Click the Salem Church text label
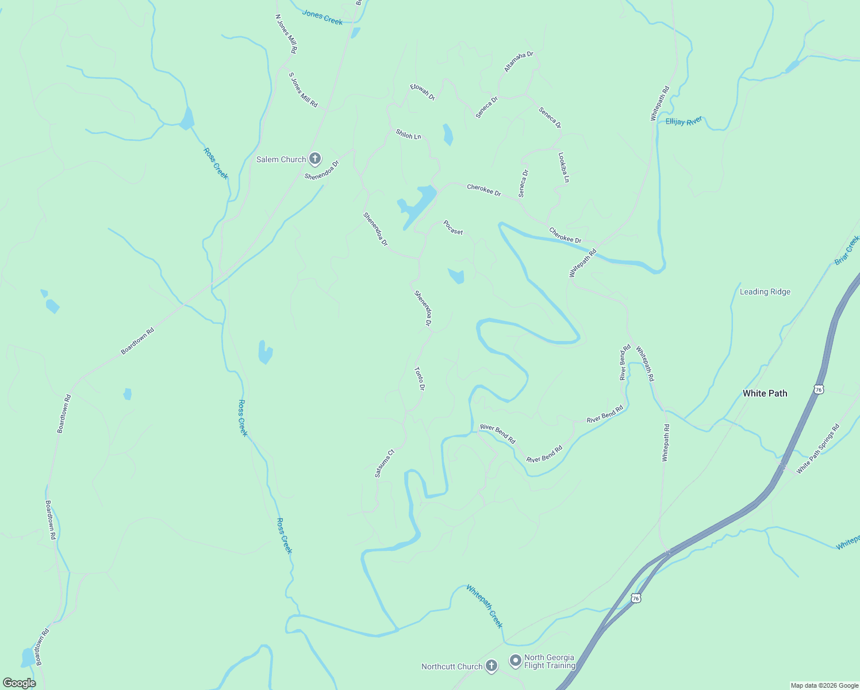tap(281, 159)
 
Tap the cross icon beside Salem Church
tap(314, 158)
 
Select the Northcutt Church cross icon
tap(491, 666)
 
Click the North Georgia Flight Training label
tap(549, 661)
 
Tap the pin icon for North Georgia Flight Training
tap(516, 660)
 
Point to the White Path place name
tap(765, 393)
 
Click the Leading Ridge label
tap(765, 292)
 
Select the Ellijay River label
tap(684, 121)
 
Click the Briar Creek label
tap(847, 250)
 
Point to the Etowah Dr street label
tap(423, 92)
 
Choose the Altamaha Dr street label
tap(519, 62)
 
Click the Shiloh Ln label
tap(408, 135)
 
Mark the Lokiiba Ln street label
tap(563, 167)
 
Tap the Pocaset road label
tap(453, 228)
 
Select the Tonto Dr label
tap(420, 379)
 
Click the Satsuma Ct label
tap(385, 463)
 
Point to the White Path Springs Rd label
tap(818, 448)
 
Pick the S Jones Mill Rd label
tap(303, 90)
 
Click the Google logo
tap(20, 683)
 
